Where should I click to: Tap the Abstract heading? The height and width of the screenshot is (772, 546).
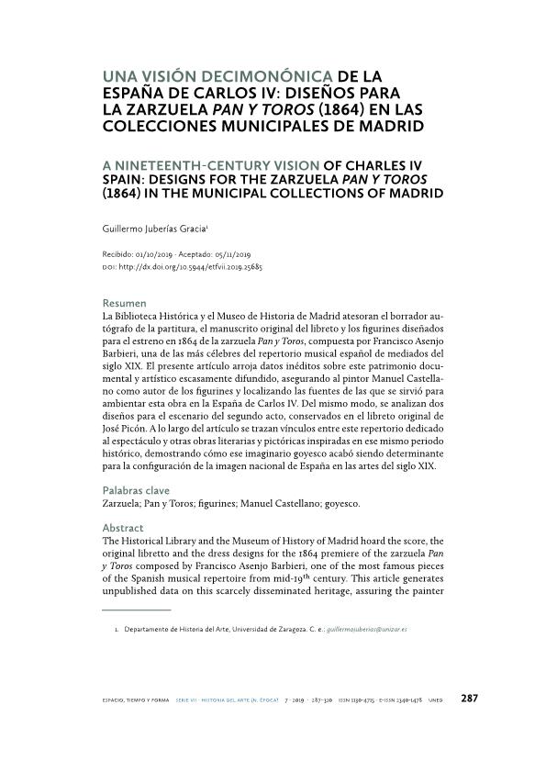point(123,528)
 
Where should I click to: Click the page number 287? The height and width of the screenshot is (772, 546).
point(469,698)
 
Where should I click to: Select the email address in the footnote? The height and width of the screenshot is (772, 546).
point(368,629)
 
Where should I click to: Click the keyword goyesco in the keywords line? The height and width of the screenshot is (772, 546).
point(339,505)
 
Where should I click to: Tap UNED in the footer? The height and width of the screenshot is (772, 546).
point(435,699)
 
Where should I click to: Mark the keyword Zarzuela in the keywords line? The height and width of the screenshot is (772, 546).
point(122,505)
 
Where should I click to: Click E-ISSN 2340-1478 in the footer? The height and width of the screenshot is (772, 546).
point(401,699)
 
